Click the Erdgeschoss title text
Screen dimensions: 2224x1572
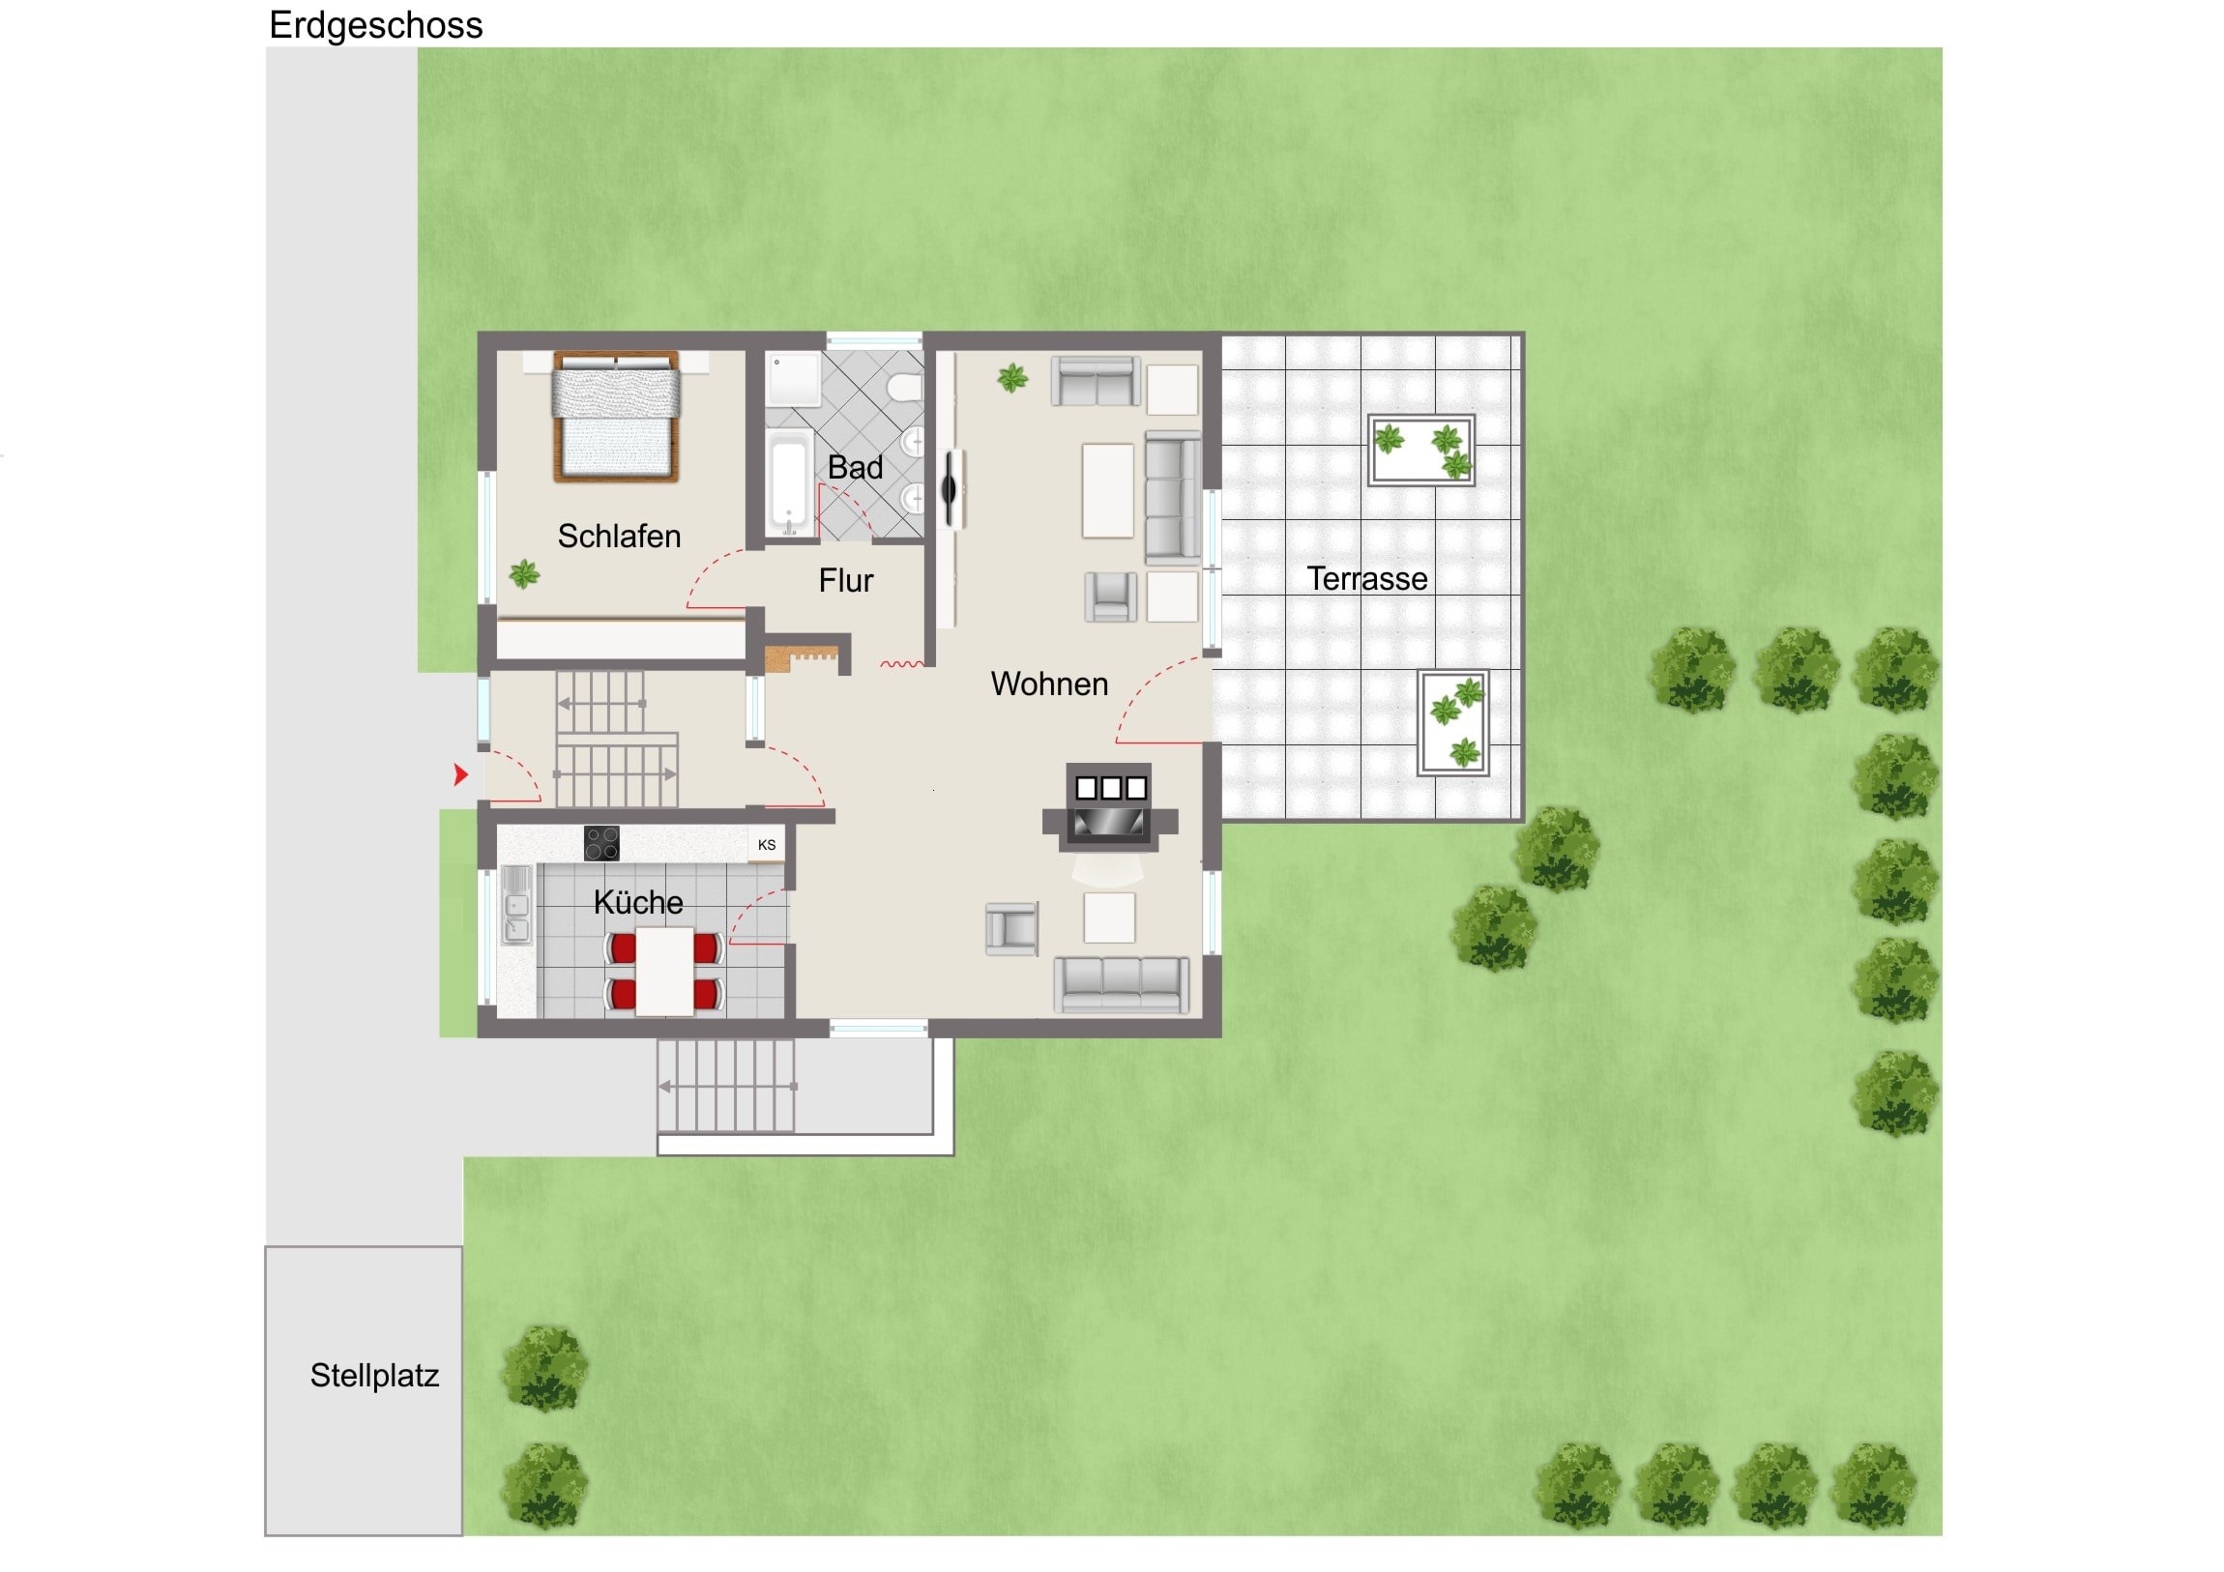(375, 26)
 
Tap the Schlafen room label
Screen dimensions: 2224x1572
(619, 536)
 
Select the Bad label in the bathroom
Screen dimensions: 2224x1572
(855, 467)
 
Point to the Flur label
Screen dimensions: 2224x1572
(846, 580)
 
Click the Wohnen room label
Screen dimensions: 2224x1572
(1049, 684)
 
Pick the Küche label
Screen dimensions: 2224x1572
(638, 902)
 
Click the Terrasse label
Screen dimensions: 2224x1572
(1366, 578)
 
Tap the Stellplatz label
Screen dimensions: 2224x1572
(374, 1376)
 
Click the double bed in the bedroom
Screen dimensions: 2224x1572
(616, 417)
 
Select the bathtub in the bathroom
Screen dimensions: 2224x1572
(789, 483)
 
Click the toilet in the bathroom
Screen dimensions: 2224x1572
(905, 388)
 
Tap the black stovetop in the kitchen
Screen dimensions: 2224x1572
(601, 843)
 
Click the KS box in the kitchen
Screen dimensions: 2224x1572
(766, 845)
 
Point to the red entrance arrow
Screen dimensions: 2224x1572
(461, 773)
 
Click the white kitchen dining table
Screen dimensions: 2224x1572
(664, 971)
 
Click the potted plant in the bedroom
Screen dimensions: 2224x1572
(524, 574)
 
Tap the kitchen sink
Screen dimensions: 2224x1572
(516, 905)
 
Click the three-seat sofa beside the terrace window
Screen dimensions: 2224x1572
(1172, 498)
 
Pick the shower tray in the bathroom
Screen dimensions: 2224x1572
(793, 380)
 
